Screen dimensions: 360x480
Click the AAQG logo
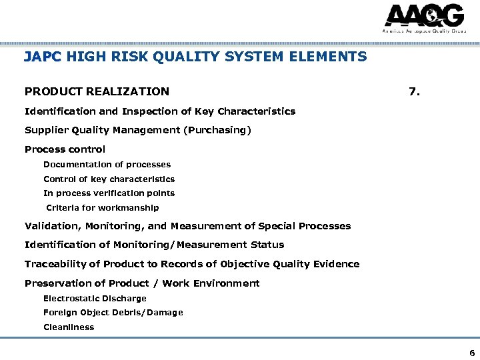(424, 18)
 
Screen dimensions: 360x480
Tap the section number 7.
(414, 91)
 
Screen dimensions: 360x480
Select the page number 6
(472, 353)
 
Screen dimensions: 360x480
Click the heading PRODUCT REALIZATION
(97, 91)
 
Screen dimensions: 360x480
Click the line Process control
(65, 149)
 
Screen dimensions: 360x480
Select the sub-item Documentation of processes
(107, 164)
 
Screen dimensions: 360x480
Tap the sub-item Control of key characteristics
(109, 179)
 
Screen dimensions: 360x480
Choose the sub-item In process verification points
(109, 193)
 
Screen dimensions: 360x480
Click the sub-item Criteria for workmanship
(102, 207)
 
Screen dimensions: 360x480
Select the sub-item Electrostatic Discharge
(95, 298)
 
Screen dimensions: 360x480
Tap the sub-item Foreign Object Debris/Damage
(113, 312)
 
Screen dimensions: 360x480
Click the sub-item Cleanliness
(69, 327)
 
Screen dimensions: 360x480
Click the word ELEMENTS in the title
(333, 57)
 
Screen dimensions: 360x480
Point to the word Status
(267, 245)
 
